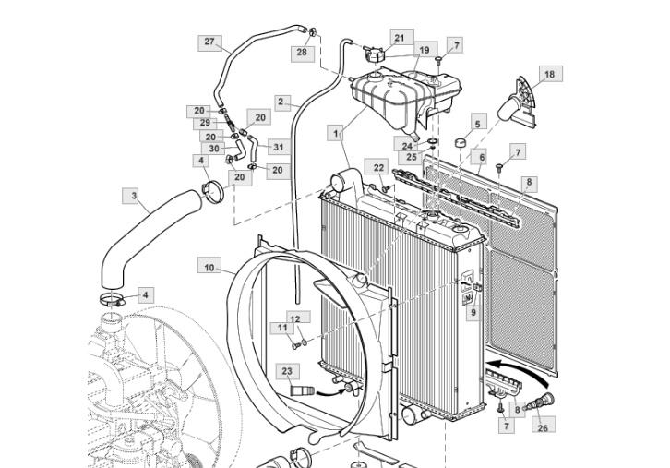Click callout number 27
pyautogui.click(x=209, y=42)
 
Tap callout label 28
pyautogui.click(x=302, y=52)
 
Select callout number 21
pyautogui.click(x=399, y=38)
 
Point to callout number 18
pyautogui.click(x=549, y=74)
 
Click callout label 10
pyautogui.click(x=209, y=268)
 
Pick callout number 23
pyautogui.click(x=287, y=371)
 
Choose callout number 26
pyautogui.click(x=543, y=427)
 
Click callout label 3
pyautogui.click(x=134, y=196)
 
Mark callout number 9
pyautogui.click(x=473, y=312)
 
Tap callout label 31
pyautogui.click(x=279, y=148)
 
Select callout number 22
pyautogui.click(x=378, y=168)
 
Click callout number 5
pyautogui.click(x=478, y=124)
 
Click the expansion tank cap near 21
pyautogui.click(x=374, y=54)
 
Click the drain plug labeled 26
pyautogui.click(x=540, y=402)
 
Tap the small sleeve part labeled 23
pyautogui.click(x=302, y=390)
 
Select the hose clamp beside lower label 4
pyautogui.click(x=113, y=300)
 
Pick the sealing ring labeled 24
pyautogui.click(x=433, y=141)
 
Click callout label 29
pyautogui.click(x=205, y=123)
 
